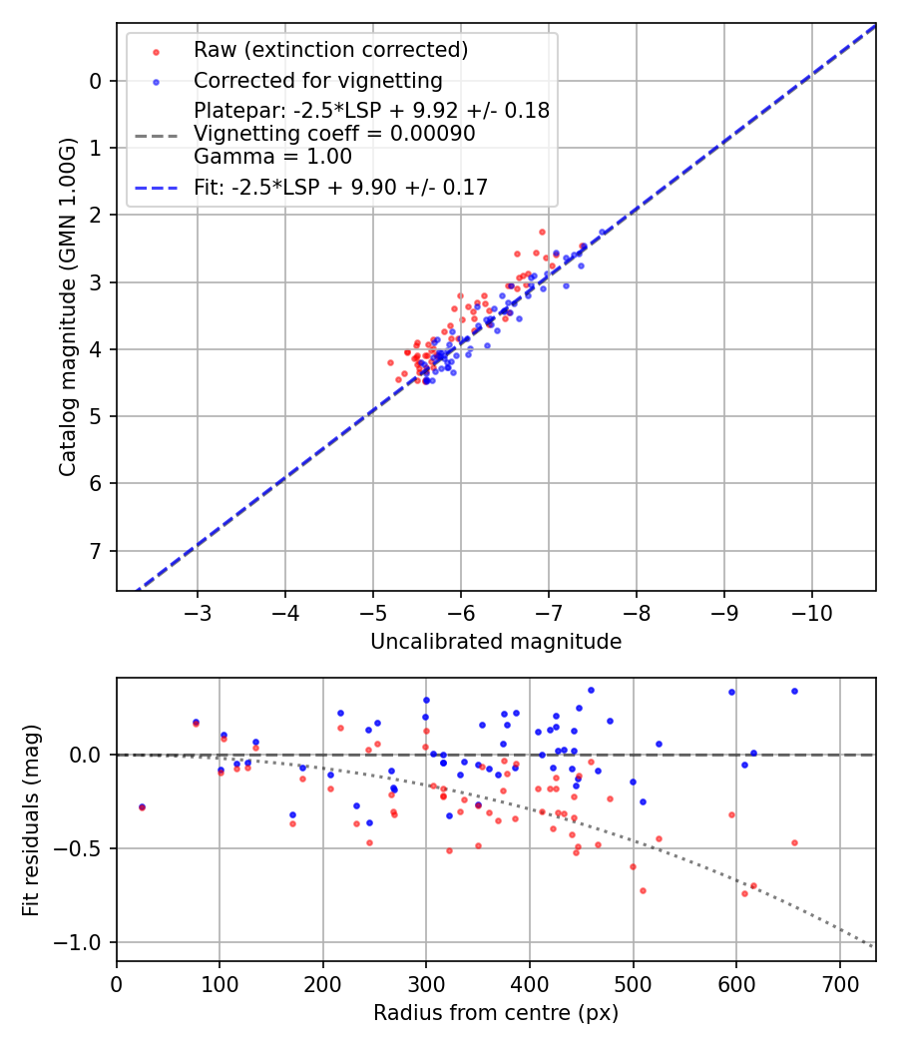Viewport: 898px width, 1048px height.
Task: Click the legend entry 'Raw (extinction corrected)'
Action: coord(330,50)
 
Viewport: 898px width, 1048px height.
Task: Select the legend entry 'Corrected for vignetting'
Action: coord(317,80)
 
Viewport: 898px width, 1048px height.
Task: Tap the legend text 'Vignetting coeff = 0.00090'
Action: coord(334,134)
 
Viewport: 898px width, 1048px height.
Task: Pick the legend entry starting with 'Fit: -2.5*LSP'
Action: coord(340,187)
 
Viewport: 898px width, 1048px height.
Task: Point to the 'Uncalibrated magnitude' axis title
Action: coord(496,642)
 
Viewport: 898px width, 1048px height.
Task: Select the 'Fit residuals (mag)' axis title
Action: coord(31,818)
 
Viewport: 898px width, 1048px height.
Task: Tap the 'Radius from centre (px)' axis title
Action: coord(496,1013)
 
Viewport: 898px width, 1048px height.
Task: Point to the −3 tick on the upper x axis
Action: coord(198,610)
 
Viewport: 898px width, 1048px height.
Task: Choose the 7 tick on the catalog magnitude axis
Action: coord(96,551)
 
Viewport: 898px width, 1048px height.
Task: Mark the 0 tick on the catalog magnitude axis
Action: coord(96,81)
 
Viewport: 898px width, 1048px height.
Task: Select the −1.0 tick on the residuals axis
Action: coord(84,942)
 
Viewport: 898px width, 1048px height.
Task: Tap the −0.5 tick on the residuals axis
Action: coord(84,848)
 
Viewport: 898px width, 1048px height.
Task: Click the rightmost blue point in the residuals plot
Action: coord(794,691)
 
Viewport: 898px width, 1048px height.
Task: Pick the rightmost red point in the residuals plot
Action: coord(794,842)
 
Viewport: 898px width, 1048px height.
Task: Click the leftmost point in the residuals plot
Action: coord(142,806)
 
